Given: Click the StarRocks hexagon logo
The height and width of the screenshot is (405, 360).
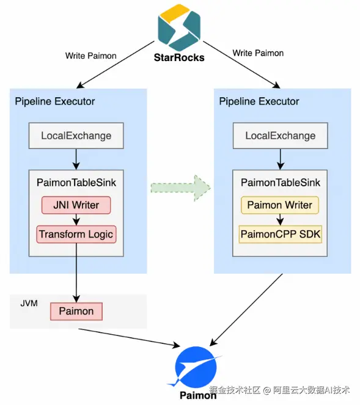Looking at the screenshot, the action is click(179, 27).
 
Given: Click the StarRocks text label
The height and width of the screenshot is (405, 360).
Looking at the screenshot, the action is click(179, 57).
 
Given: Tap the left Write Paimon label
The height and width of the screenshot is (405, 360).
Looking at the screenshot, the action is click(90, 56).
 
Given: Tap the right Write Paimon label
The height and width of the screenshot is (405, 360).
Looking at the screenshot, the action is click(258, 53).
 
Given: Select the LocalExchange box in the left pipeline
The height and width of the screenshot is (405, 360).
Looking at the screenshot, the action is click(76, 136).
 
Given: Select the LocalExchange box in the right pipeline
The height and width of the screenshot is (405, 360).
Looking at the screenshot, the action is click(281, 136).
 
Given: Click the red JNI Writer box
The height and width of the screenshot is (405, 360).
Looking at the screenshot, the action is click(76, 205).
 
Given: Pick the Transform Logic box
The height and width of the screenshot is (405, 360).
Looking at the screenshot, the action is click(76, 235).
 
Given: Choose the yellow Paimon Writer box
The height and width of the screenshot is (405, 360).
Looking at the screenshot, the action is click(280, 205).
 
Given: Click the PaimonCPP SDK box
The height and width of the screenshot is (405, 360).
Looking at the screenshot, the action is click(281, 235).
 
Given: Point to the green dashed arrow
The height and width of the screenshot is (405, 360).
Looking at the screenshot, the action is click(180, 188).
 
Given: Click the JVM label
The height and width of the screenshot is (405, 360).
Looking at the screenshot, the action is click(29, 303).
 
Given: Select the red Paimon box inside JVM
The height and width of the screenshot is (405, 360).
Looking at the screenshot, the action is click(76, 312).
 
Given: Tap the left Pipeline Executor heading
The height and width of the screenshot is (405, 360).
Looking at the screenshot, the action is click(55, 101).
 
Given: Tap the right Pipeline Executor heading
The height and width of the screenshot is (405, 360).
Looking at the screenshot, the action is click(259, 101).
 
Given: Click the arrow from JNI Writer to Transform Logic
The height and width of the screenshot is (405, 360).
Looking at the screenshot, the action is click(76, 220).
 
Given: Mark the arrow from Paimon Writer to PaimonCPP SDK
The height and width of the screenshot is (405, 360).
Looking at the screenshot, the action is click(280, 220).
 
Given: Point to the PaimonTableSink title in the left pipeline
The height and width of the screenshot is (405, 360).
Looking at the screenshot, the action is click(76, 183).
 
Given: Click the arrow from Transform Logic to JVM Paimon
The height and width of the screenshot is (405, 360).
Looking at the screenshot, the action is click(76, 273).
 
